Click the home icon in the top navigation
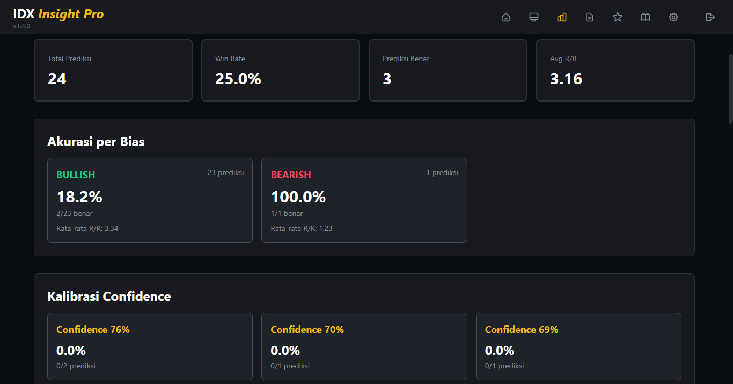[x=505, y=17]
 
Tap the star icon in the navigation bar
[x=617, y=17]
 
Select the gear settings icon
[x=673, y=17]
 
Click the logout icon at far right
[x=710, y=17]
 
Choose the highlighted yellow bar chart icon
[x=561, y=17]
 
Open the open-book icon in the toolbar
[x=645, y=17]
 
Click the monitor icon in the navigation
[x=533, y=17]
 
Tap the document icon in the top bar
[x=589, y=17]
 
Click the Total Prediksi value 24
[x=57, y=79]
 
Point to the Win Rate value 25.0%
[x=238, y=79]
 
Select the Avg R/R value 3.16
[x=566, y=79]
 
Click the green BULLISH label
[x=76, y=175]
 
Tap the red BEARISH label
[x=291, y=175]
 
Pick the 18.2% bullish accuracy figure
[x=79, y=197]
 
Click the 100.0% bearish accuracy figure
[x=298, y=197]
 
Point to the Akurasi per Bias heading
[x=96, y=142]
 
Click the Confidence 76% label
[x=93, y=330]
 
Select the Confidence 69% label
[x=522, y=330]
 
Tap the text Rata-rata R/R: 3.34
[x=87, y=228]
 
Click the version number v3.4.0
[x=21, y=26]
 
